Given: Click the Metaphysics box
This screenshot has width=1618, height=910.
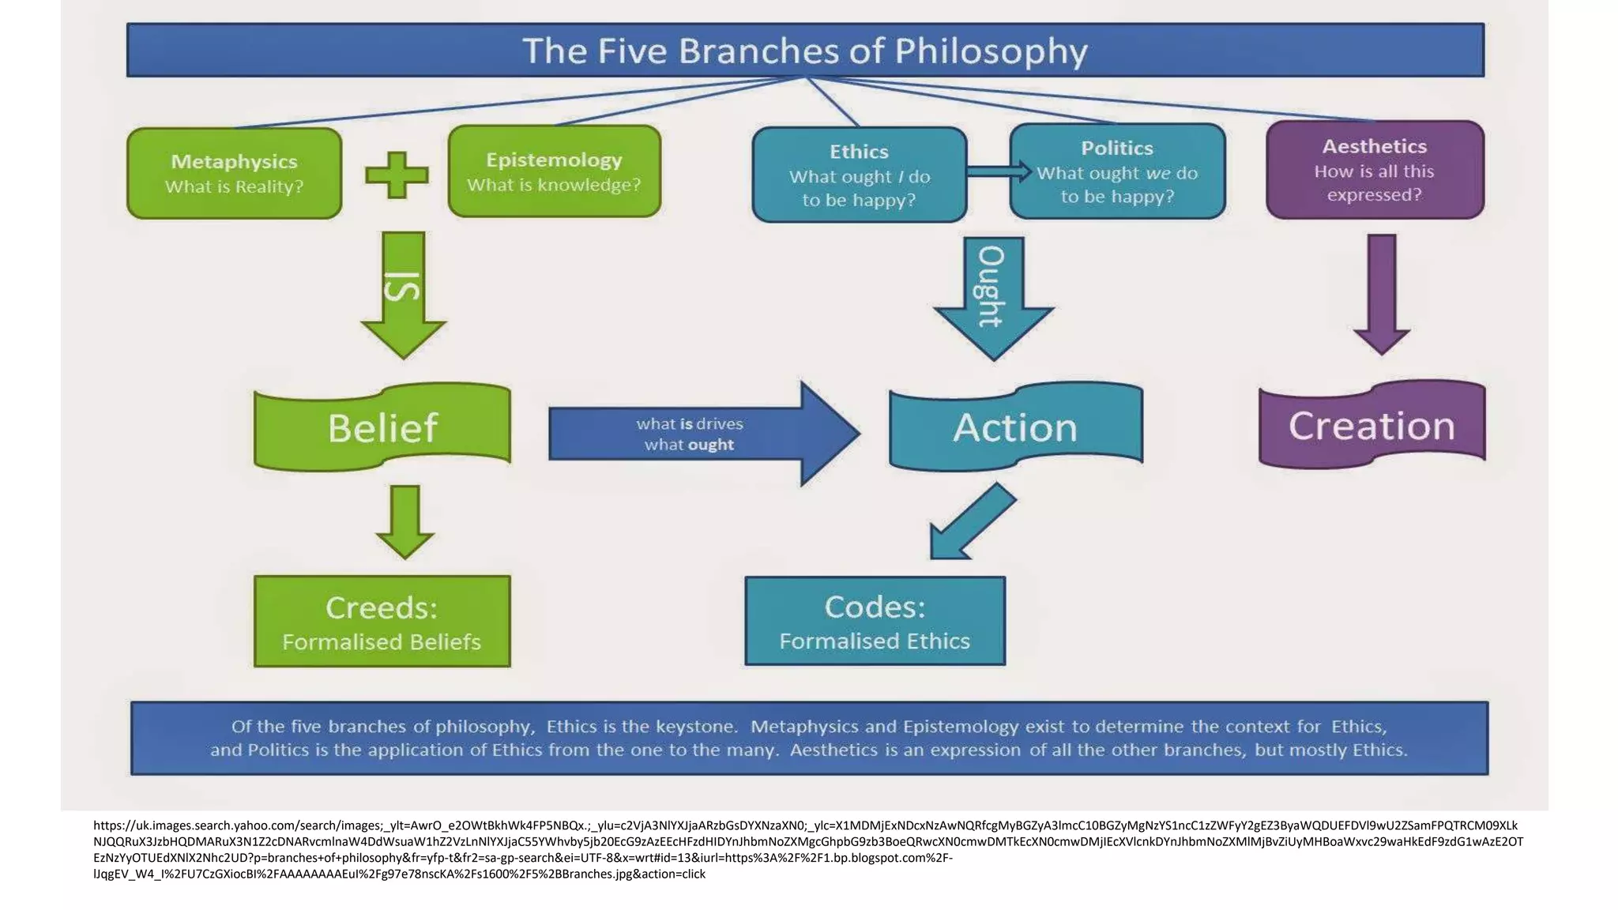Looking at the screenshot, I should (x=234, y=173).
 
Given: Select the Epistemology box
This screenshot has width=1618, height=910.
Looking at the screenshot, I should (x=554, y=171).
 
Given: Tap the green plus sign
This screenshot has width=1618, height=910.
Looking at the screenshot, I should (x=397, y=175).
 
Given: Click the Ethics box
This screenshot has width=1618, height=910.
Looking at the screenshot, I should (x=859, y=175).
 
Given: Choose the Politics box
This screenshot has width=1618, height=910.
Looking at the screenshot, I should (x=1117, y=171).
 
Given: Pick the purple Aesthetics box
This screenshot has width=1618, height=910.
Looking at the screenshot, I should (x=1375, y=170).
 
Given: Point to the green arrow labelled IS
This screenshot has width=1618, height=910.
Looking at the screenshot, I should (x=404, y=294).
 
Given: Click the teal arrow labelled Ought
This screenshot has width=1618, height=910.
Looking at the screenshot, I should (x=993, y=296).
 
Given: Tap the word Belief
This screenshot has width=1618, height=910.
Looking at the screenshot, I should (x=382, y=428).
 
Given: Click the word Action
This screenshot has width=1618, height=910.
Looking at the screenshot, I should (x=1014, y=428).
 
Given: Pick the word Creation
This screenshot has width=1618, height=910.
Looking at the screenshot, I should (x=1372, y=426).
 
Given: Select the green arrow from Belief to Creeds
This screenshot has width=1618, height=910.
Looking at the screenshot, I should (x=404, y=521).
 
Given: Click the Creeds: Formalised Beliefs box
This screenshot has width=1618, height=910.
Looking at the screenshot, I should (x=382, y=622).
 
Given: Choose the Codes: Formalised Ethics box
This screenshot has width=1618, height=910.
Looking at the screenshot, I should (x=875, y=621).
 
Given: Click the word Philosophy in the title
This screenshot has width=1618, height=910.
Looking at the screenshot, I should (x=991, y=52).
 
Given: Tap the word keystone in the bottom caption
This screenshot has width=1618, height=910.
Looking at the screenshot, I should (x=698, y=726).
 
